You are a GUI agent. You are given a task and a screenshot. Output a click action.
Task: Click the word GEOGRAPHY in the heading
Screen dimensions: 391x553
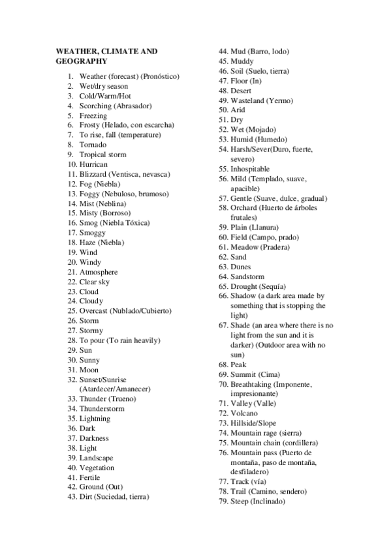(x=82, y=61)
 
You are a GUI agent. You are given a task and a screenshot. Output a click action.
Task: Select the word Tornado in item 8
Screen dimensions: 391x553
(x=93, y=145)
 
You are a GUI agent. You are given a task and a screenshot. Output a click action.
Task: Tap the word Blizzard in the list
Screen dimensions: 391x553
(x=93, y=174)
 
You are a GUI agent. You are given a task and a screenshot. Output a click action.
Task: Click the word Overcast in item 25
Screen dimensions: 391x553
(x=94, y=311)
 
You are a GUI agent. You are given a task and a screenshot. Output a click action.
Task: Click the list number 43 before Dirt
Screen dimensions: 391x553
(x=72, y=496)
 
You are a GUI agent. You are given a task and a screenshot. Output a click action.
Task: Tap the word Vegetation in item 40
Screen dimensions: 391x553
(x=97, y=468)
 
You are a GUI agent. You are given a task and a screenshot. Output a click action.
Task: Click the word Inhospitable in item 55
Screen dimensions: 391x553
(x=250, y=169)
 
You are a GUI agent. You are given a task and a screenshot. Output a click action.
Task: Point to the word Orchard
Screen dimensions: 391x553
(x=244, y=208)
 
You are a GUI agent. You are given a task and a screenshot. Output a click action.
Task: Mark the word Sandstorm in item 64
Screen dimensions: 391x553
(x=248, y=276)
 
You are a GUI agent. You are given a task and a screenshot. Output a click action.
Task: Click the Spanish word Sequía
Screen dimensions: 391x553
(x=272, y=286)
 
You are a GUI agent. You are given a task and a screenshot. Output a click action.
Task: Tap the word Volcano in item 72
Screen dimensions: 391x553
(x=244, y=413)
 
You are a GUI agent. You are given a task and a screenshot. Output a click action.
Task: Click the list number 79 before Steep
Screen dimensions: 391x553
(x=223, y=501)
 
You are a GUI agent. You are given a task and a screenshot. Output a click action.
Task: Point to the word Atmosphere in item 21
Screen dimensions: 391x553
(x=99, y=272)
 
